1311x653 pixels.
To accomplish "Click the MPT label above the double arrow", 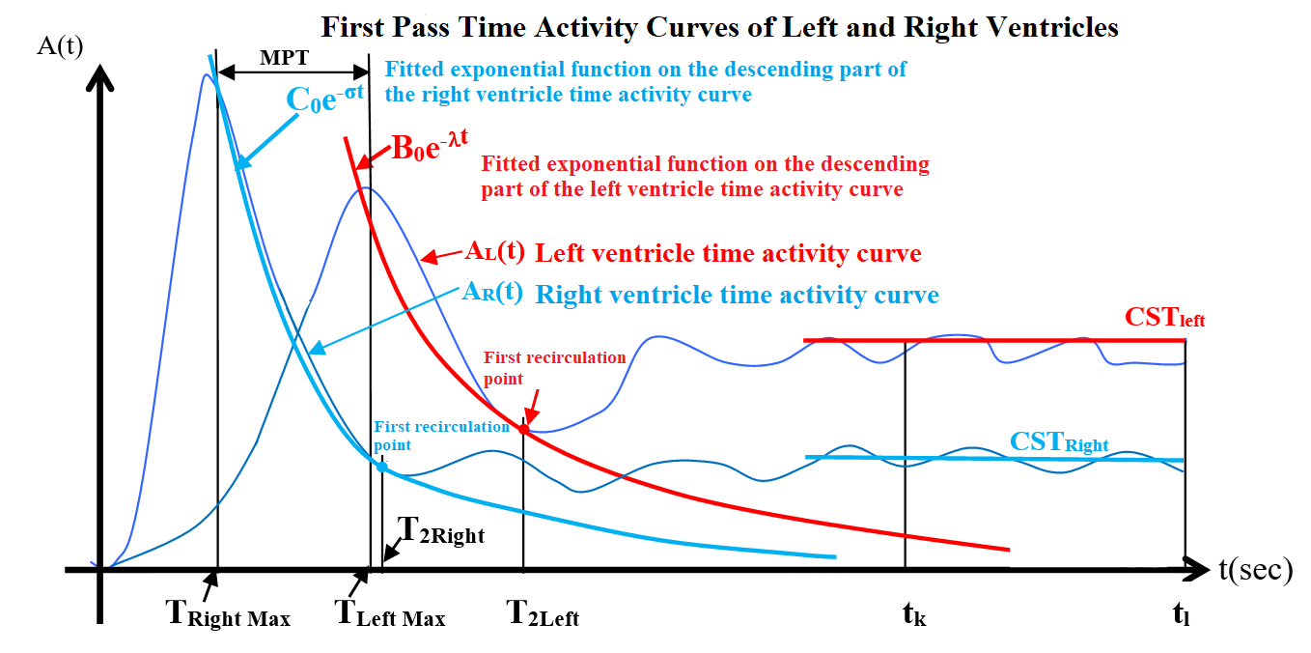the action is pos(284,57).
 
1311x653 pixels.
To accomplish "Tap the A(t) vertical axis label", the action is pos(60,45).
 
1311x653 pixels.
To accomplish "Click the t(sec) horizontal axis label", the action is pos(1255,569).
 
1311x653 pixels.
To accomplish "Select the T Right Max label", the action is pos(228,613).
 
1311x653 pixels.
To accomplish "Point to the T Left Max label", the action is pos(390,613).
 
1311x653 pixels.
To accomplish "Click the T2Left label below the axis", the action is pos(543,613).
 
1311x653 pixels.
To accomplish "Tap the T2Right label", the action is pos(441,530).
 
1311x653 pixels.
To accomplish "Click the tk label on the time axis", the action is pos(914,614).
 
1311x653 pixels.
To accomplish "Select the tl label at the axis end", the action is pos(1181,614).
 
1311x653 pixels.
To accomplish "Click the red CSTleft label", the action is pos(1164,317).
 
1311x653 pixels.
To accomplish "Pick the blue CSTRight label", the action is pos(1059,441).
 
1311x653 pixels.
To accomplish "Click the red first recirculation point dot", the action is pos(524,429).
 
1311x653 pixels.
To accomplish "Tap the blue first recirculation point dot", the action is pos(381,468).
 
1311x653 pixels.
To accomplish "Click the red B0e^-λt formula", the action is pos(431,145).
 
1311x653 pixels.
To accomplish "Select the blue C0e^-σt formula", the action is pos(325,98).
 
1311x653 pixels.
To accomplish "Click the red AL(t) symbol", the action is pos(494,252).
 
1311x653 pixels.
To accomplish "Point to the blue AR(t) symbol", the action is pos(492,291).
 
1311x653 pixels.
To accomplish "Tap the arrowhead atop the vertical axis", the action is pos(100,78).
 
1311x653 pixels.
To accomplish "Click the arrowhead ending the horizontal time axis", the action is pos(1196,569).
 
